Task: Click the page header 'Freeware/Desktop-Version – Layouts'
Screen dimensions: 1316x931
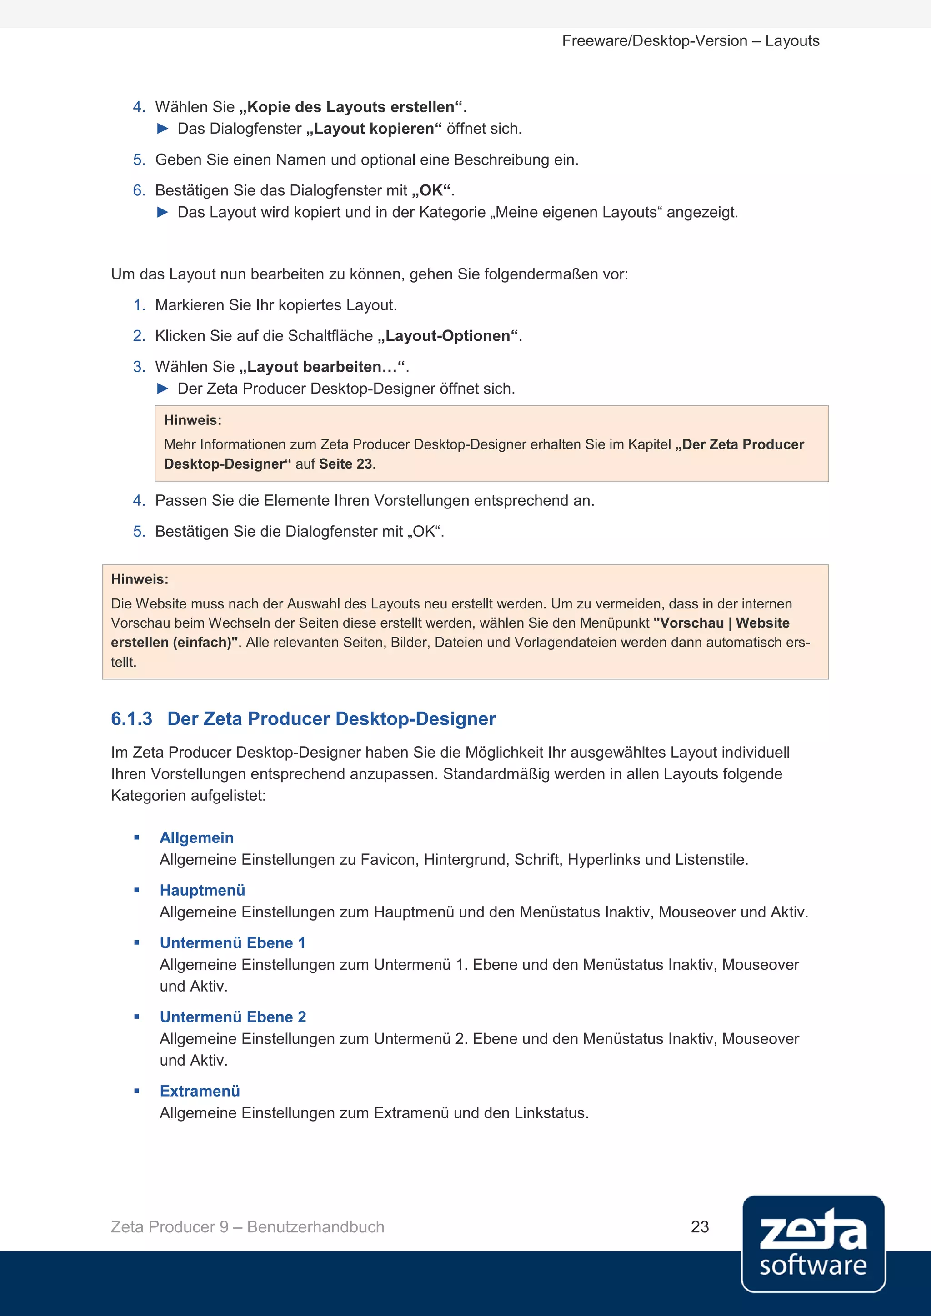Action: [x=690, y=41]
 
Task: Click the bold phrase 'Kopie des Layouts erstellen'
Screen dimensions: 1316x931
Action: [x=351, y=107]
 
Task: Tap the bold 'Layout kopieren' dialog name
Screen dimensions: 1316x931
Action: [x=374, y=129]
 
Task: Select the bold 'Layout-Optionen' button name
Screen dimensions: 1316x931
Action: [x=448, y=336]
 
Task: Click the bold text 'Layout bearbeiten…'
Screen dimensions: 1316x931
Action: [x=322, y=367]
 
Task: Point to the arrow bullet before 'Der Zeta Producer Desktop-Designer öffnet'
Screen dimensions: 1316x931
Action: [x=163, y=389]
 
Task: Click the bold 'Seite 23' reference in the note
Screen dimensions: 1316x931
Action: [x=345, y=464]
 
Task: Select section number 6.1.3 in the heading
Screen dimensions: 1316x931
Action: [x=131, y=719]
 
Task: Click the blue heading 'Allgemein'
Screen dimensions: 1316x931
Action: [x=197, y=838]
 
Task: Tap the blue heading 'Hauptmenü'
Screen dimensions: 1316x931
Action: [x=202, y=890]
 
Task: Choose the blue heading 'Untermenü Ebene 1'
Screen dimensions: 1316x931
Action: [x=232, y=943]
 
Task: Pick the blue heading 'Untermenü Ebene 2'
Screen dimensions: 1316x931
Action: [x=233, y=1017]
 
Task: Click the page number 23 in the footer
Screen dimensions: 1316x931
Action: [x=700, y=1226]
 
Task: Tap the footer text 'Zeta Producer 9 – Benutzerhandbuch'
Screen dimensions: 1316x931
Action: [x=247, y=1226]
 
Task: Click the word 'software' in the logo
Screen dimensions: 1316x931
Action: [x=812, y=1266]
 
